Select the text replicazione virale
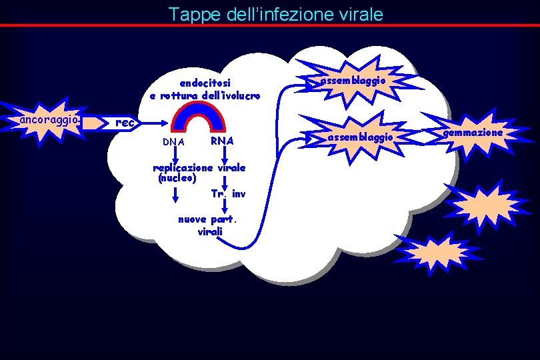tap(199, 168)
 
